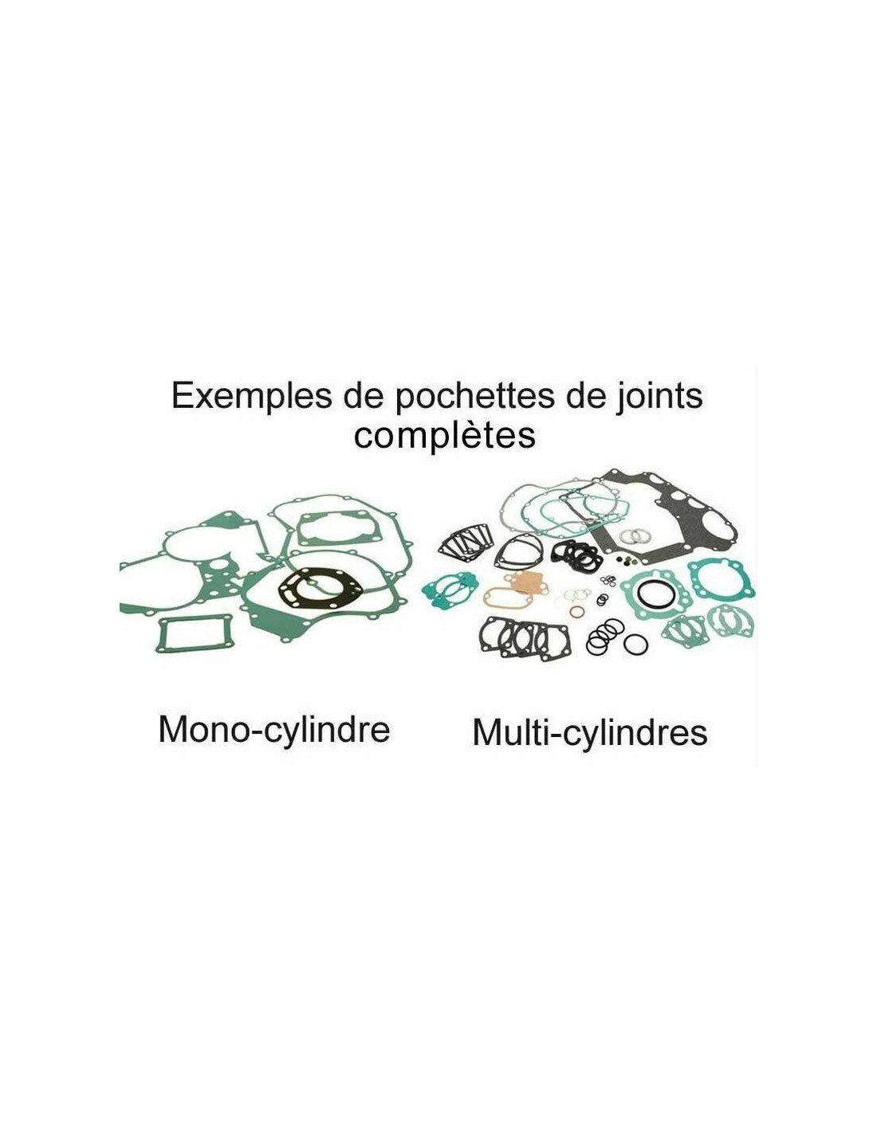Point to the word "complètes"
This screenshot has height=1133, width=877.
(x=445, y=437)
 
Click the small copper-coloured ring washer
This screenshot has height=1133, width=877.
(x=576, y=612)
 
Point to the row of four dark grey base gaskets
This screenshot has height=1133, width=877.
(x=524, y=639)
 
